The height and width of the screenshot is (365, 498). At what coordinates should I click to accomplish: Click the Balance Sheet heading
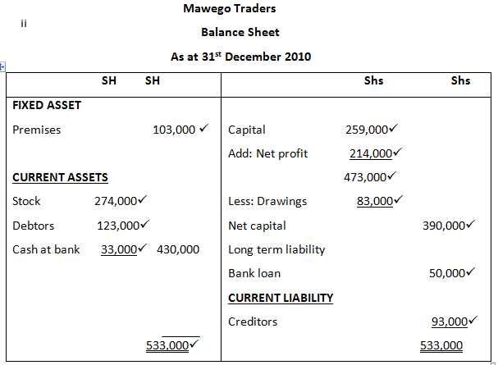coord(240,32)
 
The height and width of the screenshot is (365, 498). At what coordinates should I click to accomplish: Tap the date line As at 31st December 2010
coord(240,57)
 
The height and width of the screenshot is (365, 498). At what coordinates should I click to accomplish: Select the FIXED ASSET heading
coord(47,105)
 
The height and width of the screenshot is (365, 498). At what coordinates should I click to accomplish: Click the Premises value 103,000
coord(174,130)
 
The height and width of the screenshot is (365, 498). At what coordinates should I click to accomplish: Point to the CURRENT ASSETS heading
coord(61,177)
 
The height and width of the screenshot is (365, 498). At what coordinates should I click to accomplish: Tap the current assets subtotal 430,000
coord(177,249)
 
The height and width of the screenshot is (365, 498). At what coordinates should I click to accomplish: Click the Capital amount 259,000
coord(367,130)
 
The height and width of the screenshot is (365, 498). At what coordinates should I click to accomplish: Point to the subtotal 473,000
coord(365,177)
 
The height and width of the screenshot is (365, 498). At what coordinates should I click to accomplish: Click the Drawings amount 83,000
coord(373,201)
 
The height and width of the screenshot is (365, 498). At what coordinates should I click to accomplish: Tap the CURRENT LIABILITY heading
coord(281,298)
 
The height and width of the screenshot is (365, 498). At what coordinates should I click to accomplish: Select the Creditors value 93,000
coord(450,322)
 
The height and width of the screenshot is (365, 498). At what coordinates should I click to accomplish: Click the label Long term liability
coord(276,249)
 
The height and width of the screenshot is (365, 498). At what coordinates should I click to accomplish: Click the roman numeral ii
coord(25,23)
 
